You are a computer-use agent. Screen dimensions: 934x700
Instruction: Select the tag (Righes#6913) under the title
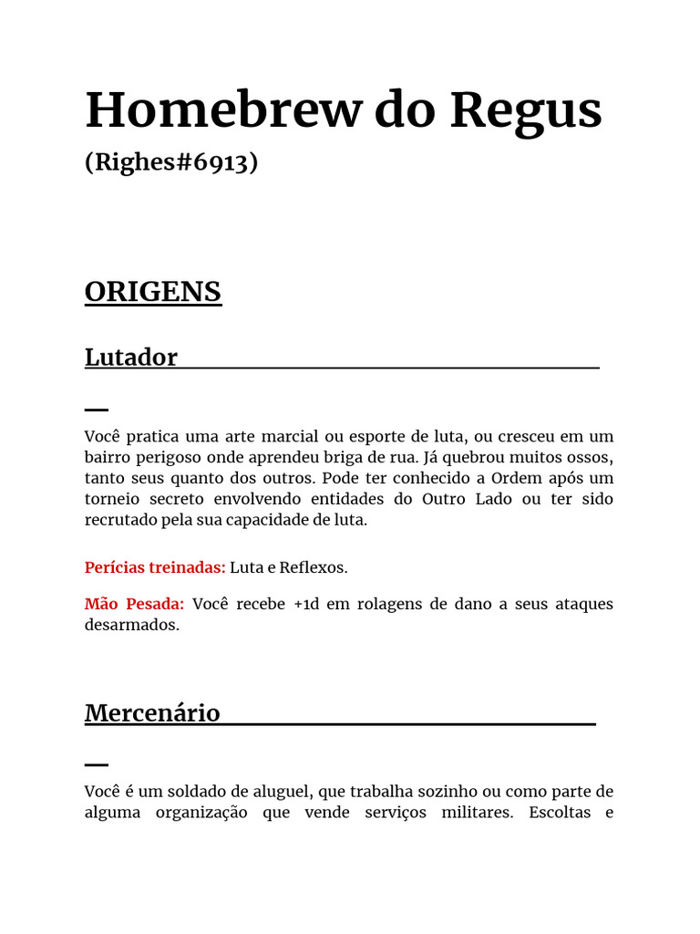tap(171, 162)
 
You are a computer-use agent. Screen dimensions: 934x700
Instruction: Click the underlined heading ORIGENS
tap(153, 292)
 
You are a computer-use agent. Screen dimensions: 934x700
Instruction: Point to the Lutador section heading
tap(131, 357)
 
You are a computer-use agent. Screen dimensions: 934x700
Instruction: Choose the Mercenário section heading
tap(152, 712)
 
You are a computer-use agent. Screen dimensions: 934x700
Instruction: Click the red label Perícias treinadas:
tap(155, 567)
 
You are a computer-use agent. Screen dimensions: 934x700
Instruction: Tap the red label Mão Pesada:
tap(135, 604)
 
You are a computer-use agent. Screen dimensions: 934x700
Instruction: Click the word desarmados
tap(132, 626)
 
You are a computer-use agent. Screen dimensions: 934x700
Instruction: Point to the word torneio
tap(115, 499)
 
